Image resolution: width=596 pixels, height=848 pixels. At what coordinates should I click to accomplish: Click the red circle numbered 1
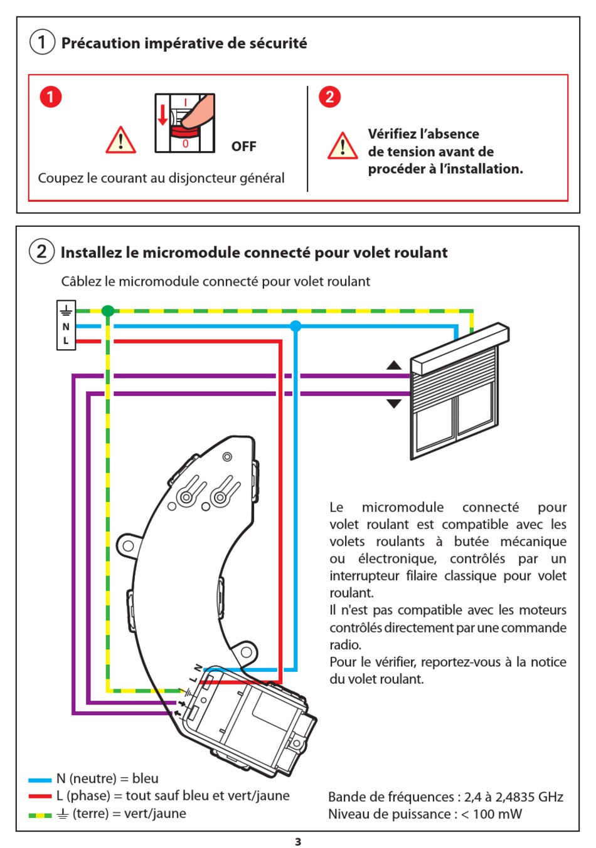[x=51, y=97]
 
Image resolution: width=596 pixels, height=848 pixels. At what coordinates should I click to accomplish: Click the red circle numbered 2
[x=329, y=97]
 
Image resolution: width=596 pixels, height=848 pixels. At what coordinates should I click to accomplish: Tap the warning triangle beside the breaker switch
[x=120, y=140]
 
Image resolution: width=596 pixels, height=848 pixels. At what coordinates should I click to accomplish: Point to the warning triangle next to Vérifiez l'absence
[x=343, y=146]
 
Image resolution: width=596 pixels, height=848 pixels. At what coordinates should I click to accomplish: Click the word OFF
[x=243, y=147]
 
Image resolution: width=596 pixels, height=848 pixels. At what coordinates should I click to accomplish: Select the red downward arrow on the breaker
[x=163, y=115]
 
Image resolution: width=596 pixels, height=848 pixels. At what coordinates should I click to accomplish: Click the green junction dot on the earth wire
[x=108, y=311]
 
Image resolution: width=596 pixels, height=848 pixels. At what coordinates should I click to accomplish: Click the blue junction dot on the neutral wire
[x=295, y=326]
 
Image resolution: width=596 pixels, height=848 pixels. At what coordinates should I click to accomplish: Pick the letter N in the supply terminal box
[x=66, y=327]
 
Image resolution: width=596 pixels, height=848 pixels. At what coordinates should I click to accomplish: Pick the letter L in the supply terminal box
[x=66, y=341]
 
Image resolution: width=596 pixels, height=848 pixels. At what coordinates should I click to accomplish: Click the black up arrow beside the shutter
[x=393, y=365]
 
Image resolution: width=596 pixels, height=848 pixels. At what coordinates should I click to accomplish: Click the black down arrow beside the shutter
[x=393, y=404]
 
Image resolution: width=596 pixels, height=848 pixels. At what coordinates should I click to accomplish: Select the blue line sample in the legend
[x=40, y=780]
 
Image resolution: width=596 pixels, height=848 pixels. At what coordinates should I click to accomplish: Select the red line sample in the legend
[x=40, y=797]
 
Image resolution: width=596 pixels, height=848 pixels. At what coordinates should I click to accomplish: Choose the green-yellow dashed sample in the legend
[x=40, y=815]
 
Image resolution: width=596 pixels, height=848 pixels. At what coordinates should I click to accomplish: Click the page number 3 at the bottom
[x=298, y=842]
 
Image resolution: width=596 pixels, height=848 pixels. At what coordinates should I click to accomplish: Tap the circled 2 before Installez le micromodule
[x=41, y=252]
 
